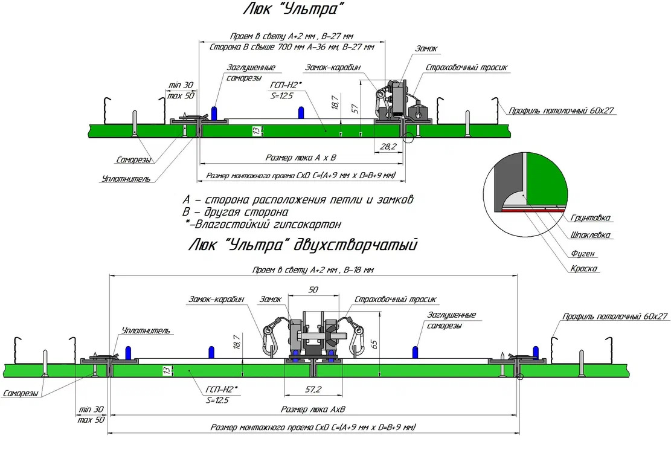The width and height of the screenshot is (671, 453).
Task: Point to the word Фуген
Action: [x=583, y=252]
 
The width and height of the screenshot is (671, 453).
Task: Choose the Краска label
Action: [x=585, y=269]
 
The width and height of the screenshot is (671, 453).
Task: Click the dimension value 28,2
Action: [x=388, y=146]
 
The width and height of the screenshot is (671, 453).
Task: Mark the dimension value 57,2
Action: [x=313, y=388]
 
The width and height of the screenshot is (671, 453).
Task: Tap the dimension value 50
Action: [x=313, y=290]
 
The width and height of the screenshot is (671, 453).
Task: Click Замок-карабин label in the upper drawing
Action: [x=332, y=68]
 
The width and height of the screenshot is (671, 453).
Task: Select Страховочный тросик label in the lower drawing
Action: [x=395, y=300]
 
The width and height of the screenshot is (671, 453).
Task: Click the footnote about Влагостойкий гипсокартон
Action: [x=263, y=224]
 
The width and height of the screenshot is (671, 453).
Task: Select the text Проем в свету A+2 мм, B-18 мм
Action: [x=313, y=270]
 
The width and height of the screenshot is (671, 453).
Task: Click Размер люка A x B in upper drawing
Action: [x=301, y=158]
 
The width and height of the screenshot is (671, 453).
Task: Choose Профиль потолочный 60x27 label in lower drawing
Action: [x=615, y=316]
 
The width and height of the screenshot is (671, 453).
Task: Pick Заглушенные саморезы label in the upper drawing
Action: [x=251, y=72]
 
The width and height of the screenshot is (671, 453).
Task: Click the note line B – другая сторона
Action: [x=236, y=212]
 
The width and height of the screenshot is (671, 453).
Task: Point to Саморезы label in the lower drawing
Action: [x=22, y=393]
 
